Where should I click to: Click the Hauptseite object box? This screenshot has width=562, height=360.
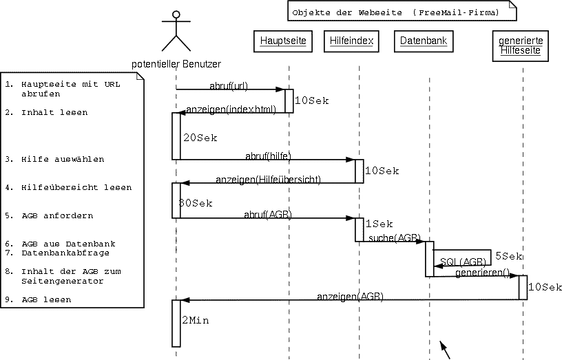283,41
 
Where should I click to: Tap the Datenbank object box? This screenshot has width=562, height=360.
424,41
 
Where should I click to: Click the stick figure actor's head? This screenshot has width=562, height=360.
176,14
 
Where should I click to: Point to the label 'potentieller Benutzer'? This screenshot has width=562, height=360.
176,64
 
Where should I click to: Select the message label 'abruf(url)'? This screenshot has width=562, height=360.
229,85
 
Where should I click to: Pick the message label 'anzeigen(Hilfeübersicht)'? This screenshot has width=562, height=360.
268,180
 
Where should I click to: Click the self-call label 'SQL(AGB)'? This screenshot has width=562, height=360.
463,262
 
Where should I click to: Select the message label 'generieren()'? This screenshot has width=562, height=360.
482,273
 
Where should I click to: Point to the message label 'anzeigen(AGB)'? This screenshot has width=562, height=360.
350,297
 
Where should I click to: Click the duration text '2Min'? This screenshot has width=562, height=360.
196,321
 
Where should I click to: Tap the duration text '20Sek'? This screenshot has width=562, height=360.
200,138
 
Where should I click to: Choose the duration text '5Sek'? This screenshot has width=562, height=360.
509,256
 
